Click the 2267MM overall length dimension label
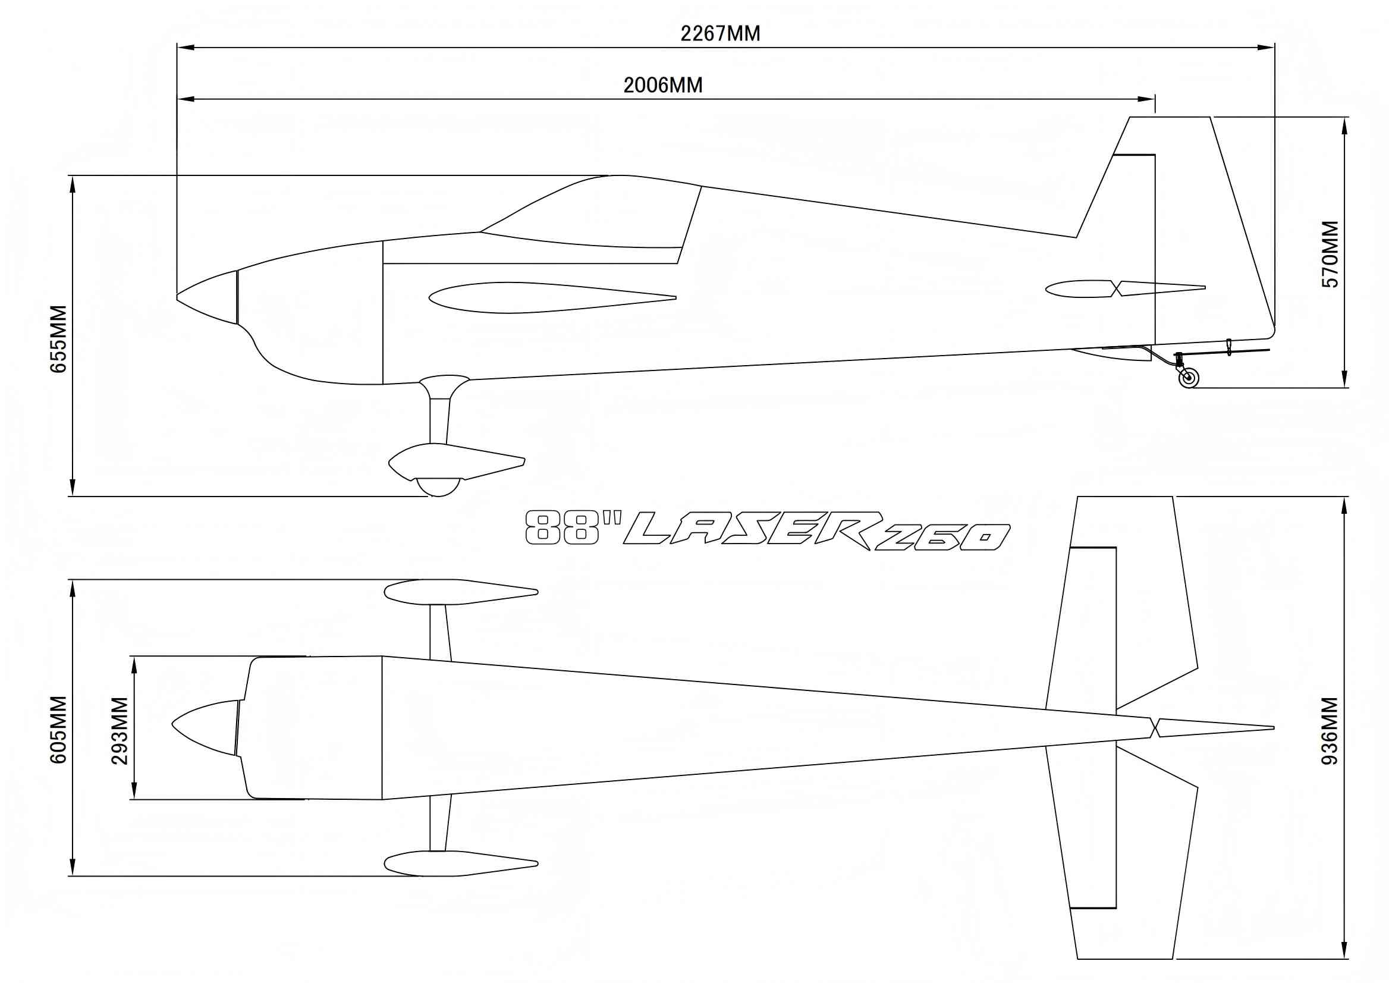[x=719, y=33]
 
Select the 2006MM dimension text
[x=663, y=86]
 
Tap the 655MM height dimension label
[x=59, y=338]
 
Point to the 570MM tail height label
[x=1330, y=255]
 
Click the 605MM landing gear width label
[x=59, y=730]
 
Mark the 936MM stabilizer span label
[x=1330, y=731]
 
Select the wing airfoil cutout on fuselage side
[x=545, y=297]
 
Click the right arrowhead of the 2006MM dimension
[x=1149, y=99]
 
